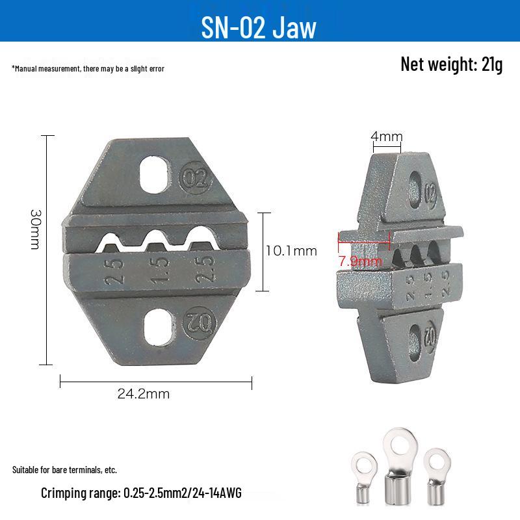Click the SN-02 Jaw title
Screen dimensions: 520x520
(x=259, y=28)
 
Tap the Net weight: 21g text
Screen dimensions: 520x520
(x=451, y=64)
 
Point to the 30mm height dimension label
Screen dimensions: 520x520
(x=35, y=229)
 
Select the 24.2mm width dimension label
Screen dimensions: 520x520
(x=143, y=394)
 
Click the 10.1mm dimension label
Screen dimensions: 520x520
(x=291, y=251)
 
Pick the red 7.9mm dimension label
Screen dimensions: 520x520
(x=360, y=261)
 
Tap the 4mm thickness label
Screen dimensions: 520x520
(x=387, y=136)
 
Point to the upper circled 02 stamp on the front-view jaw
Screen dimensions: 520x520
(x=196, y=178)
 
